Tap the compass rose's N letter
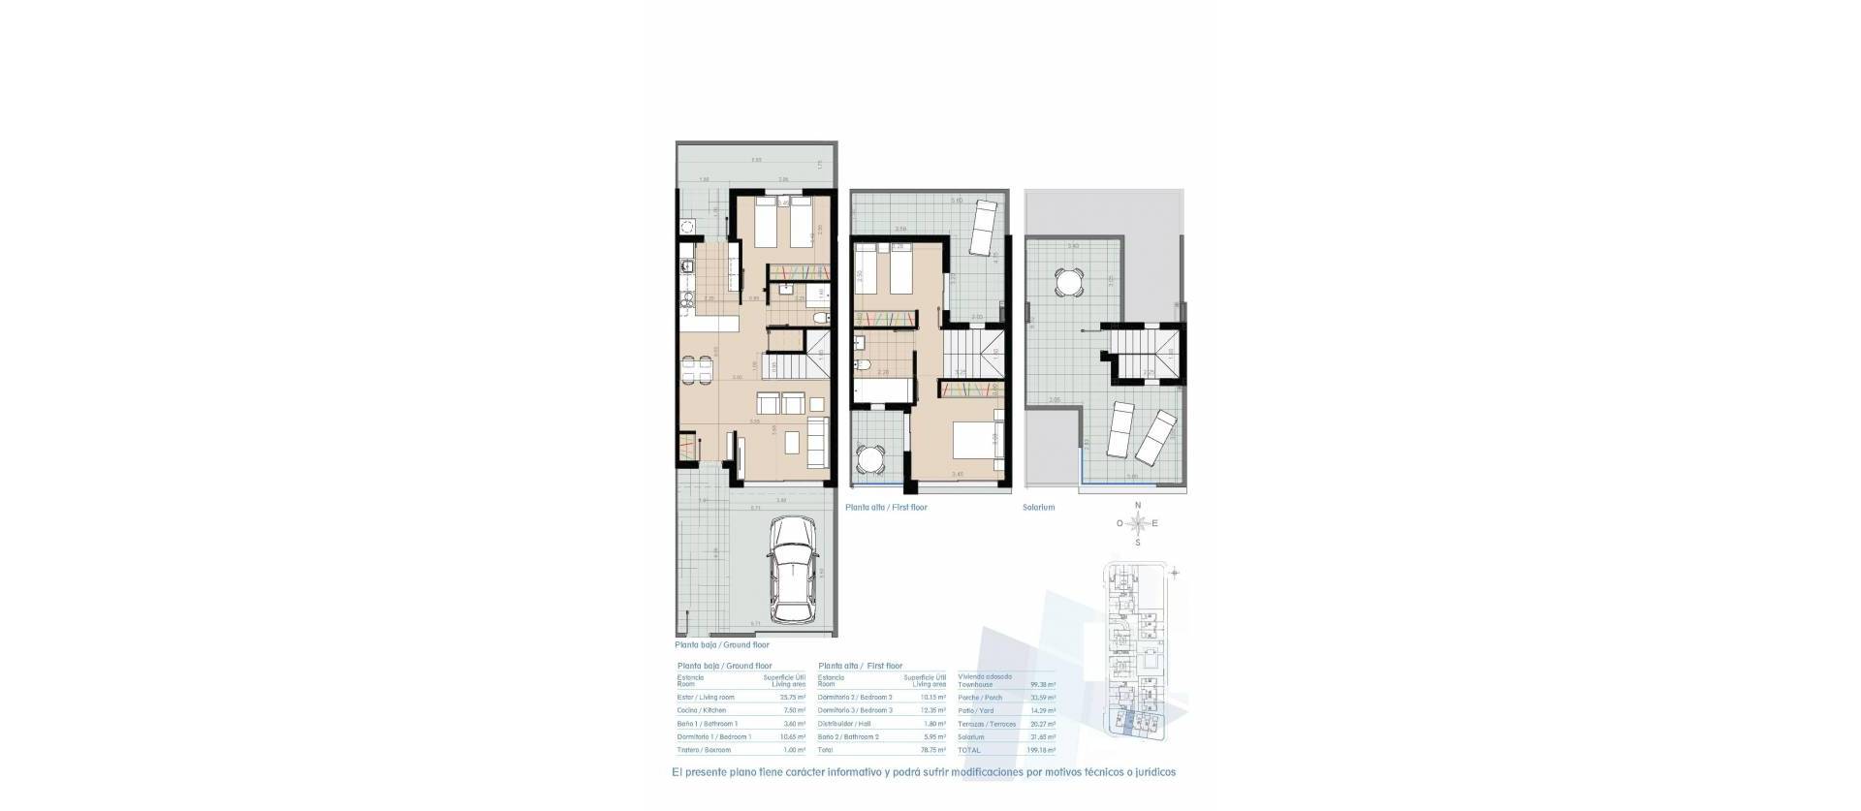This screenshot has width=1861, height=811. point(1138,506)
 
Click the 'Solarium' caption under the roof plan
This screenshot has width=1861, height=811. point(1038,508)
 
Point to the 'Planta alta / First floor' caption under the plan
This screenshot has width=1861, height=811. point(886,508)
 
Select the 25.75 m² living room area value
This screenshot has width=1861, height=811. point(792,698)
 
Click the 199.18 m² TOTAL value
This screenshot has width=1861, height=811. point(1042,750)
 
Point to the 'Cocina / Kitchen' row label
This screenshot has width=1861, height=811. point(701,710)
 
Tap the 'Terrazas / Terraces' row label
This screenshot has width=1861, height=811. point(987,724)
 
